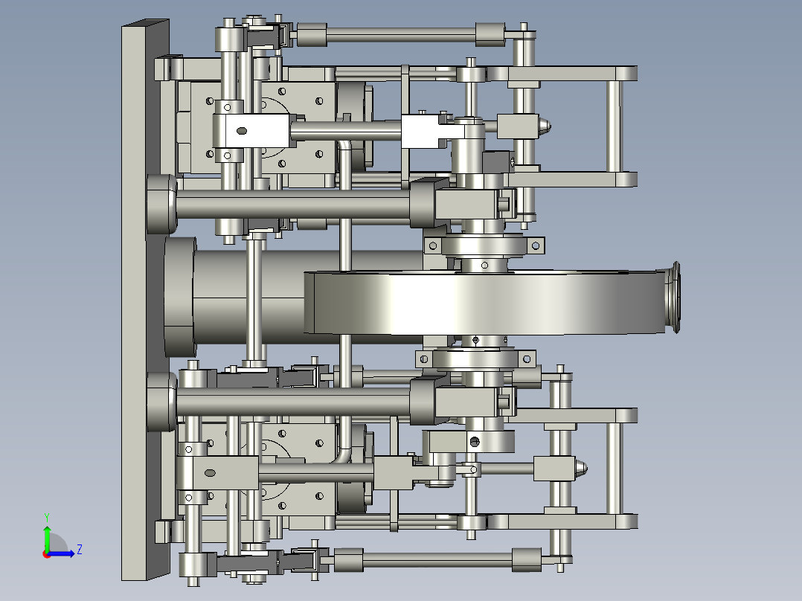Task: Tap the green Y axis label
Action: pos(46,516)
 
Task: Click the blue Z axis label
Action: pos(79,550)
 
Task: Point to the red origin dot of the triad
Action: pos(46,553)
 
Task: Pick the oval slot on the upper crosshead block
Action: pos(241,131)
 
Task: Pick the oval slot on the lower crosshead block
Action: pos(210,473)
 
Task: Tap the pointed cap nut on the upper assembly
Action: pos(545,126)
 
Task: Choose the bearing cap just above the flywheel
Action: pos(484,246)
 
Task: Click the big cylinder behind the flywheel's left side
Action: pos(238,296)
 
